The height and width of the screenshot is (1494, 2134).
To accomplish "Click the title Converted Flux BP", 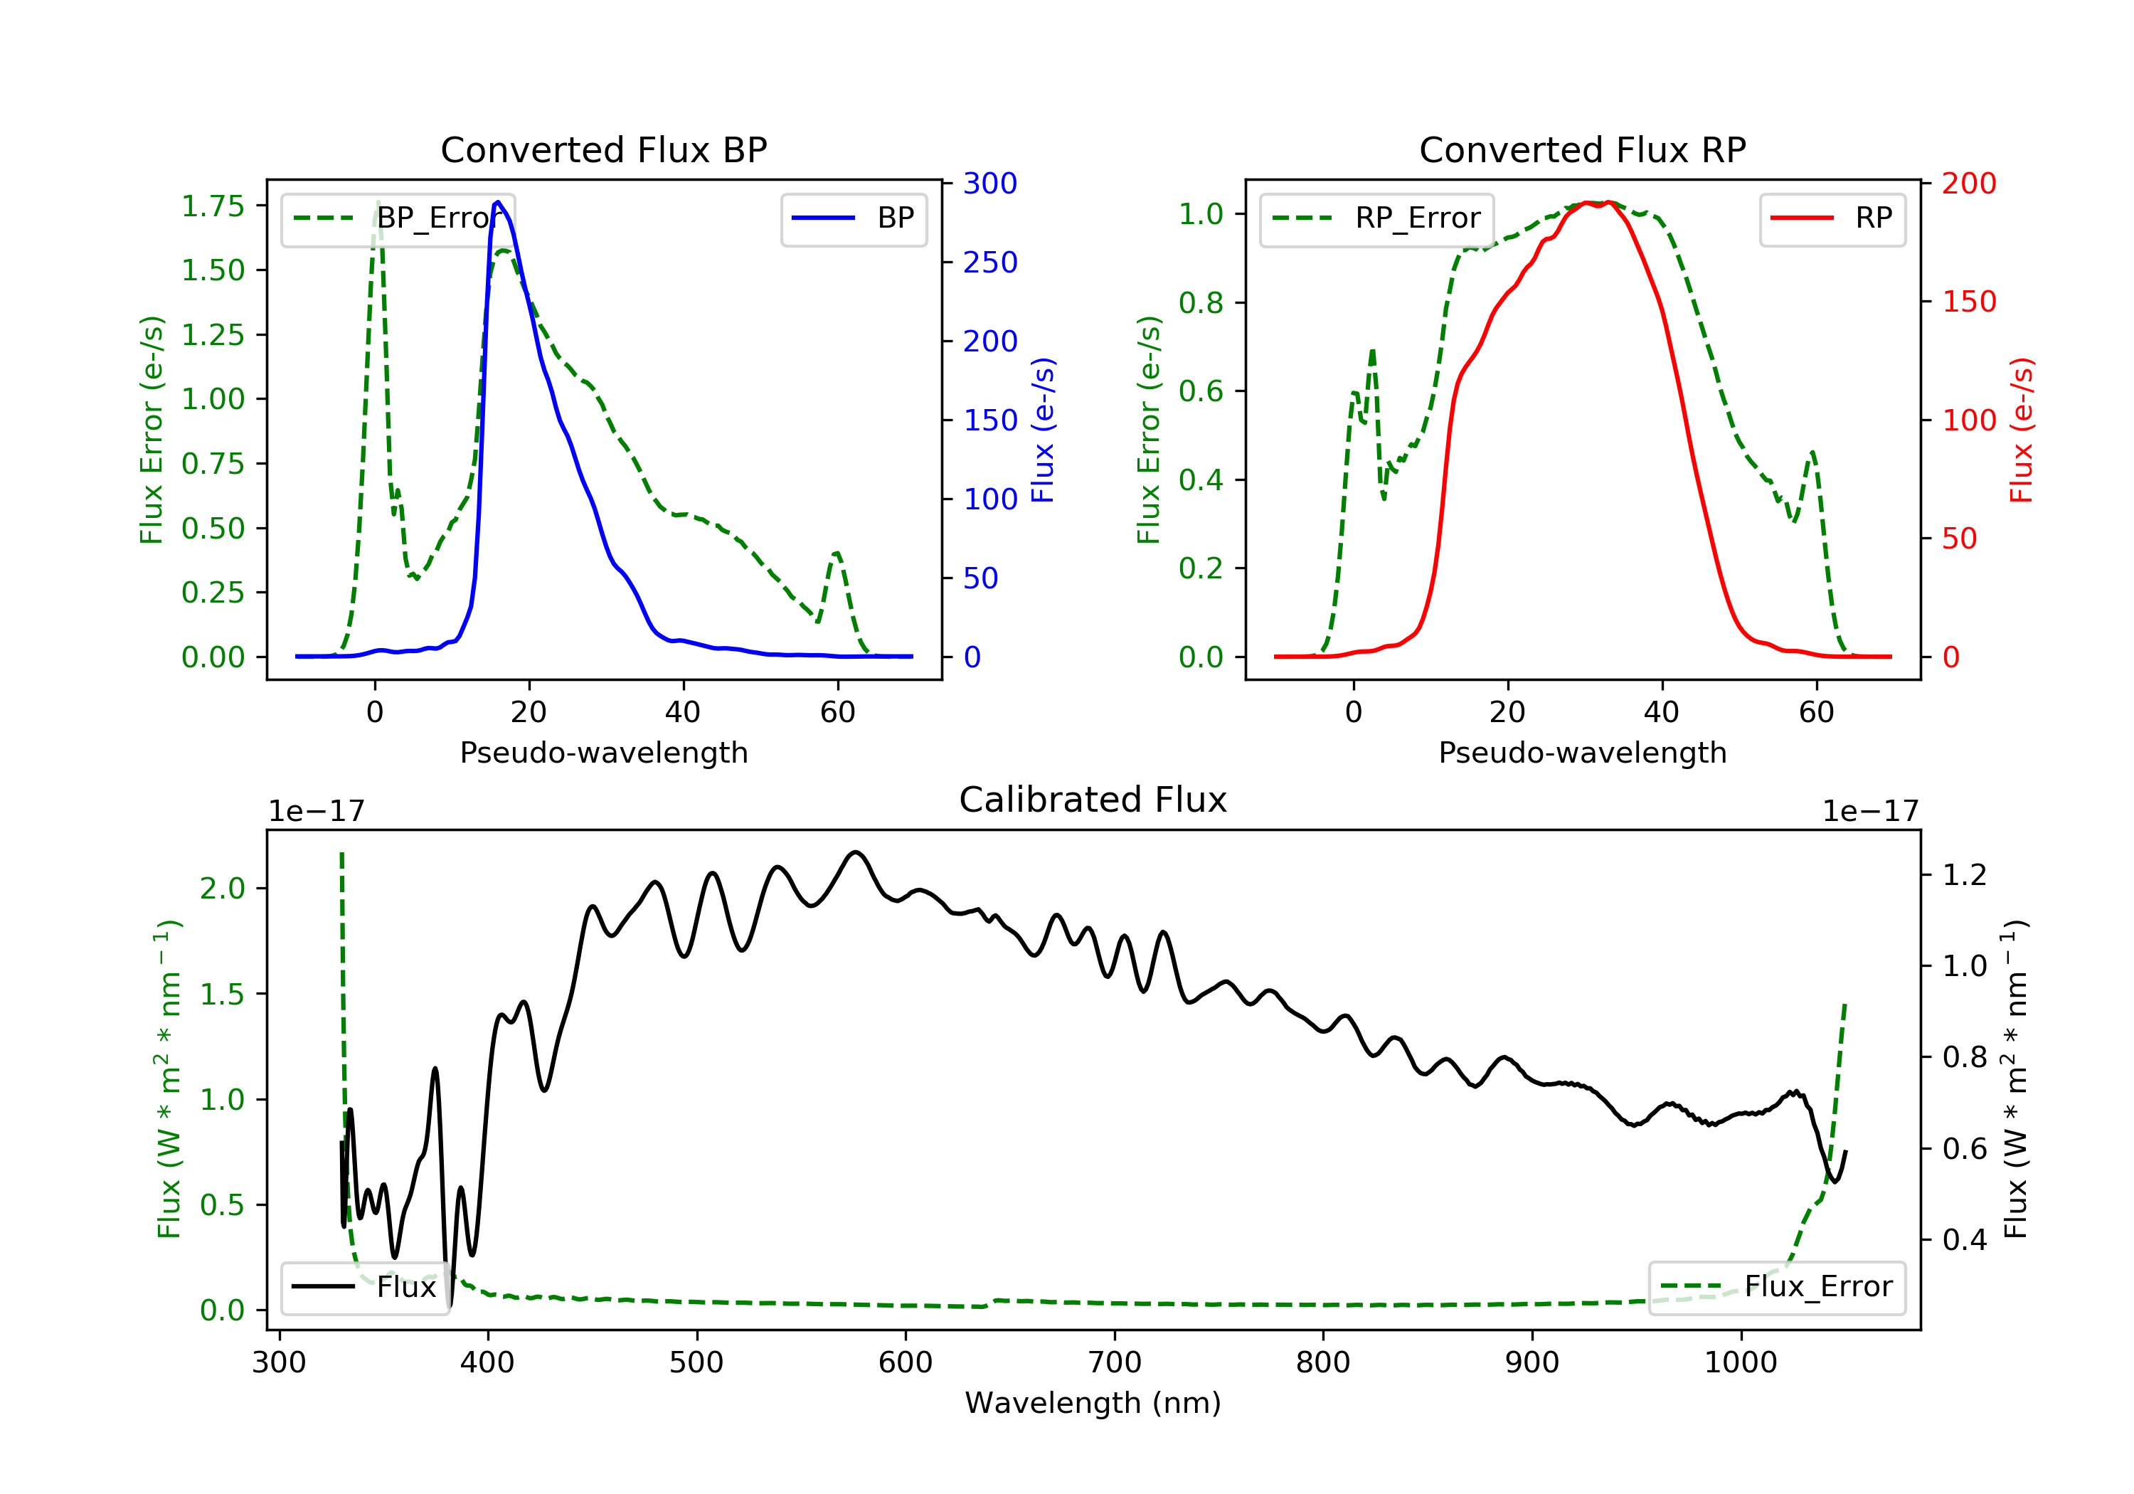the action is click(603, 149).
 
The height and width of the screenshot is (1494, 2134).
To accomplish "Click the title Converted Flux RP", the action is click(1582, 149).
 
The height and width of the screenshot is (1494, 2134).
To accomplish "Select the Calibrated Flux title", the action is click(1093, 800).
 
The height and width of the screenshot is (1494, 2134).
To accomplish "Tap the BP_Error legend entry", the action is click(398, 218).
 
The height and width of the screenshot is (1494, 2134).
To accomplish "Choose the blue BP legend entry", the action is click(853, 218).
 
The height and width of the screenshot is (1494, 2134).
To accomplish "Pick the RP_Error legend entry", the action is click(1376, 218).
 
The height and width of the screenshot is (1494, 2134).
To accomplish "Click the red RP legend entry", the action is click(1832, 218).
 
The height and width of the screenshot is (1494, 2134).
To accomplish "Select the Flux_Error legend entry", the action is click(1776, 1287).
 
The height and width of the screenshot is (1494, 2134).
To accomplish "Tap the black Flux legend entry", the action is click(364, 1287).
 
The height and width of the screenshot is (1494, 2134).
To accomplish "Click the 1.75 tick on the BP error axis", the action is click(213, 206).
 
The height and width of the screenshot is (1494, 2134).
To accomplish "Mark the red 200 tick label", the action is click(1968, 183).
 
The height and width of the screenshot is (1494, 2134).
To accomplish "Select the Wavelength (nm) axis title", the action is click(1093, 1403).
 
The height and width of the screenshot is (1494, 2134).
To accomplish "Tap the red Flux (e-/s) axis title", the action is click(2022, 430).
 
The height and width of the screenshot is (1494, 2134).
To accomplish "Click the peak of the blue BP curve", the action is click(498, 202).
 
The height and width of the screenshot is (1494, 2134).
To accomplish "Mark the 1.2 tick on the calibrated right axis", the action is click(1964, 875).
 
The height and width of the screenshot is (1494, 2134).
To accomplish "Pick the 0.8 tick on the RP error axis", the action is click(1201, 302).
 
